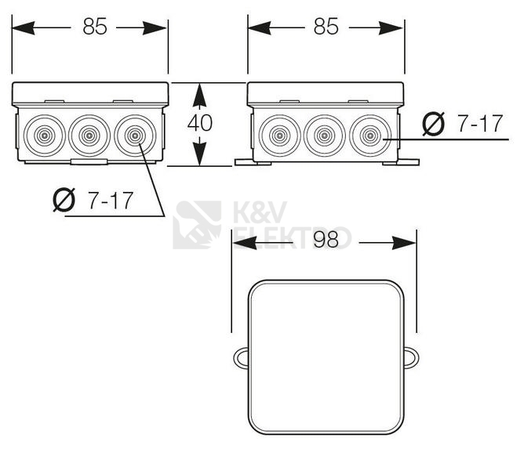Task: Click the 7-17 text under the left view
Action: (110, 201)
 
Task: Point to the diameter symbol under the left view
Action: (66, 201)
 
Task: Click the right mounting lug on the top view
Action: (409, 358)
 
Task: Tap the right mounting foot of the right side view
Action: (408, 162)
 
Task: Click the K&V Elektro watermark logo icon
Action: (197, 224)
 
